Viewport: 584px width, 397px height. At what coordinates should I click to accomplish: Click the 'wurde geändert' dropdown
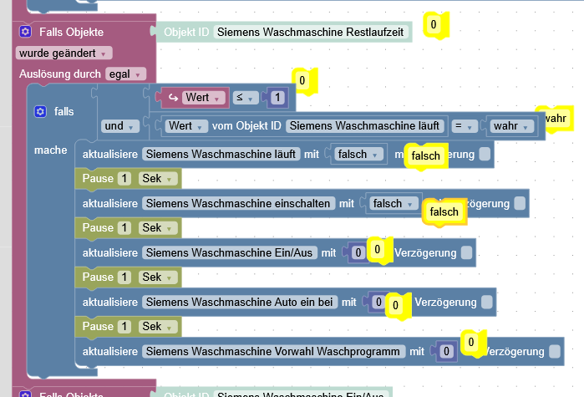click(63, 53)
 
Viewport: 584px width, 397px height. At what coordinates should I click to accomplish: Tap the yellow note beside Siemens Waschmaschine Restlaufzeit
click(434, 25)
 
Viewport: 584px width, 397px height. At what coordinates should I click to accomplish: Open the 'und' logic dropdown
click(118, 126)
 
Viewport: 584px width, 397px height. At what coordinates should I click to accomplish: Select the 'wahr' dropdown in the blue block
click(512, 126)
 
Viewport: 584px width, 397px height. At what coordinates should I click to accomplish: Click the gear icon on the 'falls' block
click(39, 111)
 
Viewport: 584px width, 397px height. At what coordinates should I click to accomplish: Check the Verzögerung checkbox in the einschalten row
click(520, 203)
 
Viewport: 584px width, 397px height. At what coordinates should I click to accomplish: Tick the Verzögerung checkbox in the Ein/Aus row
click(466, 252)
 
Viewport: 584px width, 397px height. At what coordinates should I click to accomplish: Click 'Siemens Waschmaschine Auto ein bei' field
click(240, 302)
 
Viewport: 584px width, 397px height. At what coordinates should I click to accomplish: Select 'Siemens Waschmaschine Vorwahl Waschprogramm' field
click(272, 351)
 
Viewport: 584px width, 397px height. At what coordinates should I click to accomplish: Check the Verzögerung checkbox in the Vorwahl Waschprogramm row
click(555, 351)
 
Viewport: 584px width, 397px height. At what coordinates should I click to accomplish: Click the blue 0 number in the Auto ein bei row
click(378, 302)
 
